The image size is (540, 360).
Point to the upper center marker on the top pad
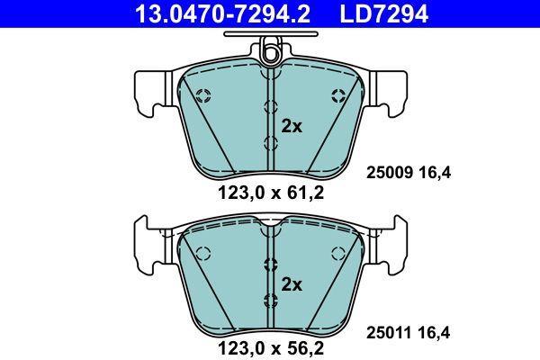(270, 106)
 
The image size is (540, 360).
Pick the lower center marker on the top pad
(270, 142)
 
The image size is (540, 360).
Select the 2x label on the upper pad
(292, 126)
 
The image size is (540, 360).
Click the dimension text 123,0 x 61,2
(269, 192)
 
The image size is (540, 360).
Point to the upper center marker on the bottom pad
(270, 264)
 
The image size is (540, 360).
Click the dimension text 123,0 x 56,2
(269, 345)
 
